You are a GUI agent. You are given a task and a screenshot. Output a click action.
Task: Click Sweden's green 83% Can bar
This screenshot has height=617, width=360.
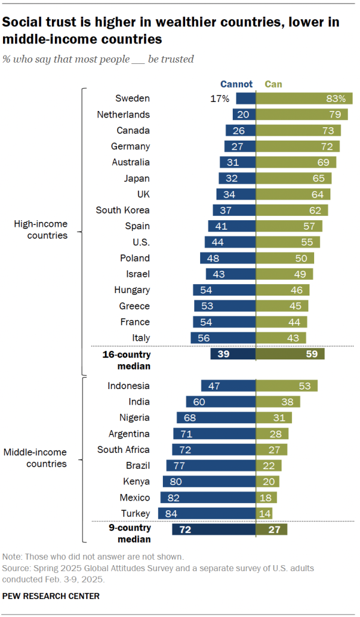305,98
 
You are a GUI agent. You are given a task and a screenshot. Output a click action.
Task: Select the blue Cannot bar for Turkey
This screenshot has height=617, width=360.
207,513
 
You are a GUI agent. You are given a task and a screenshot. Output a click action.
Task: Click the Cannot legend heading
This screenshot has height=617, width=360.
236,84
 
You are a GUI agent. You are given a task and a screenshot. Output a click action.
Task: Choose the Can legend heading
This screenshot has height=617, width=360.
273,84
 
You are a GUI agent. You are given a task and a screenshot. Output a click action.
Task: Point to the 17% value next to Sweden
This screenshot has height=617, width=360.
219,98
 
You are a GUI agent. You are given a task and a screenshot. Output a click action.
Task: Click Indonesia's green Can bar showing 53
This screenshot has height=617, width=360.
287,386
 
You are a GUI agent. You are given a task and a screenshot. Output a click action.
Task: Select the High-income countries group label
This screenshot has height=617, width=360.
41,230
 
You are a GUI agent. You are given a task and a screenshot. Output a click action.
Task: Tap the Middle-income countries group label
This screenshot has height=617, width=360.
36,458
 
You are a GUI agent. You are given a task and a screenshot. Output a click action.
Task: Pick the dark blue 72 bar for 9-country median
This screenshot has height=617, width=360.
214,530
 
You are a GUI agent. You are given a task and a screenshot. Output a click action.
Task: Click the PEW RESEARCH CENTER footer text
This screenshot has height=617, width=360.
51,596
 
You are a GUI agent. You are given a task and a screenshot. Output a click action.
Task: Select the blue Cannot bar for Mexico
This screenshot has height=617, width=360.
208,498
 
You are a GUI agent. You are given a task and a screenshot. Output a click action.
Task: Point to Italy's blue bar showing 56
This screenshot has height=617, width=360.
223,338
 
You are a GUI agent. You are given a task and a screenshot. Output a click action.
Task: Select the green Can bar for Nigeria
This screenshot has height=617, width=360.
274,417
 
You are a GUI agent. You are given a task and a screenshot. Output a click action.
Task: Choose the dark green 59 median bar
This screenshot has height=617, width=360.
291,354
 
